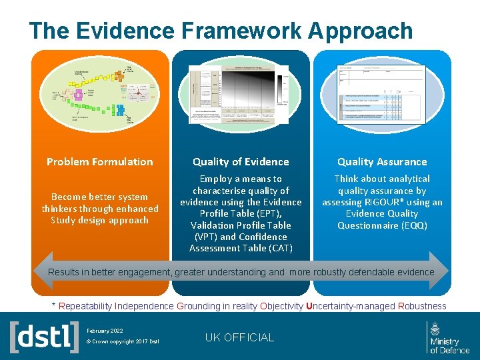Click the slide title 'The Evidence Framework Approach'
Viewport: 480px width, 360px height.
(x=221, y=31)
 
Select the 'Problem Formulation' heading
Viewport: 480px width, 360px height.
(x=100, y=162)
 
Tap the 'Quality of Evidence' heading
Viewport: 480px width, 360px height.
(x=241, y=162)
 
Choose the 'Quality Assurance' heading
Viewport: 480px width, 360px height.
(x=382, y=162)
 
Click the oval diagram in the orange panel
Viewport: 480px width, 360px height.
(x=100, y=95)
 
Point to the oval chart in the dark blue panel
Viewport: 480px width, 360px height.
(x=241, y=95)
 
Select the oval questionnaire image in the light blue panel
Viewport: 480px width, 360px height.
(x=382, y=95)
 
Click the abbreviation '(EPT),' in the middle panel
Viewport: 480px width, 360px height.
(x=285, y=213)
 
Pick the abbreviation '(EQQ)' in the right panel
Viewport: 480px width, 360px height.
(x=413, y=225)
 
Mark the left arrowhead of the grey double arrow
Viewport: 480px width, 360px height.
(x=41, y=272)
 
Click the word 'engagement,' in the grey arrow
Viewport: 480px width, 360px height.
(x=139, y=272)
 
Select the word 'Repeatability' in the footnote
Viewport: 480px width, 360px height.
(x=85, y=306)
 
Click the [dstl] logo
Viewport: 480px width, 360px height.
(x=44, y=337)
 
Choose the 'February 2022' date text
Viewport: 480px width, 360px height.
(x=105, y=330)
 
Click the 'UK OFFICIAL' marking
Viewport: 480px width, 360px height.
(x=239, y=337)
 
